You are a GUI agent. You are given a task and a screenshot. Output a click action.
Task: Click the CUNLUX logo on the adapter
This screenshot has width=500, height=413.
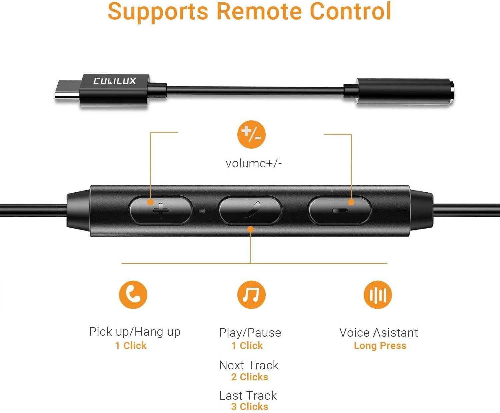(114, 81)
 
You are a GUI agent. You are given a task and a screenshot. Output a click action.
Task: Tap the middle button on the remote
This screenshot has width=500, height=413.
(250, 210)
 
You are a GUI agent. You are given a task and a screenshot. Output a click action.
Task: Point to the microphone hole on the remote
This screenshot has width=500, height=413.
(202, 211)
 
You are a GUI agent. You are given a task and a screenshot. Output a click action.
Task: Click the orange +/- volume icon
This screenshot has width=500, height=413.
(251, 134)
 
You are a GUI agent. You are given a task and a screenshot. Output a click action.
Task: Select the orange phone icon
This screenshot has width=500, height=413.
(133, 295)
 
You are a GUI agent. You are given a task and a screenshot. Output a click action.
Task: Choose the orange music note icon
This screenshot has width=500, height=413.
(251, 295)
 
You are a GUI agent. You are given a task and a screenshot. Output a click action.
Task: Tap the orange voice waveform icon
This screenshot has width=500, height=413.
(378, 295)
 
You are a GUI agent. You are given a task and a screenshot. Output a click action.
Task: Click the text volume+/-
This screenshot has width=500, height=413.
(254, 163)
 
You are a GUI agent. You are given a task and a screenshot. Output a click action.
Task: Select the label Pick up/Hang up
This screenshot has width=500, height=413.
(135, 332)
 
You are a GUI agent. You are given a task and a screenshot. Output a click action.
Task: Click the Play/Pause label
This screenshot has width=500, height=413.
(250, 333)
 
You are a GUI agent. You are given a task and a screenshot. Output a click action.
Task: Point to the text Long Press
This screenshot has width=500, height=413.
(380, 346)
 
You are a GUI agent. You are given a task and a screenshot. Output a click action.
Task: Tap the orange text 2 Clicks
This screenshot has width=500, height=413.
(250, 377)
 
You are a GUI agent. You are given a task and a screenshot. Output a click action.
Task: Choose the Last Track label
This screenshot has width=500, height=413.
(248, 396)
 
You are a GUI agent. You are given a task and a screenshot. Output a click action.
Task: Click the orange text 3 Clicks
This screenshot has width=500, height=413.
(250, 407)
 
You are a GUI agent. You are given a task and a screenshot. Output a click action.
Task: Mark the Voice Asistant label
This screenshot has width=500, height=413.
(378, 333)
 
